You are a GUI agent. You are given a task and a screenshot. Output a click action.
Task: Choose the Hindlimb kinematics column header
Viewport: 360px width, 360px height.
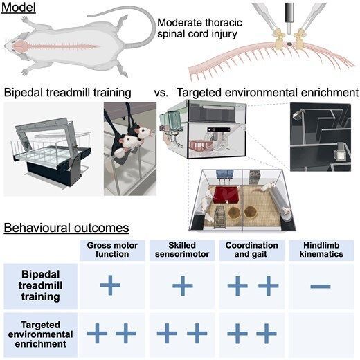point(319,250)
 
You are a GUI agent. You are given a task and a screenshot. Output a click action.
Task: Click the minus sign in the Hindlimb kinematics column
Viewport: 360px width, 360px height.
point(319,286)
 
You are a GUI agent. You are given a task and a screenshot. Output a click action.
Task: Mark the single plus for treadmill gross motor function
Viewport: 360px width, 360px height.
point(110,285)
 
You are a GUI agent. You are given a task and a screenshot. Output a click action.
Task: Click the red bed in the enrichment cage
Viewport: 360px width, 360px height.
point(225,194)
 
